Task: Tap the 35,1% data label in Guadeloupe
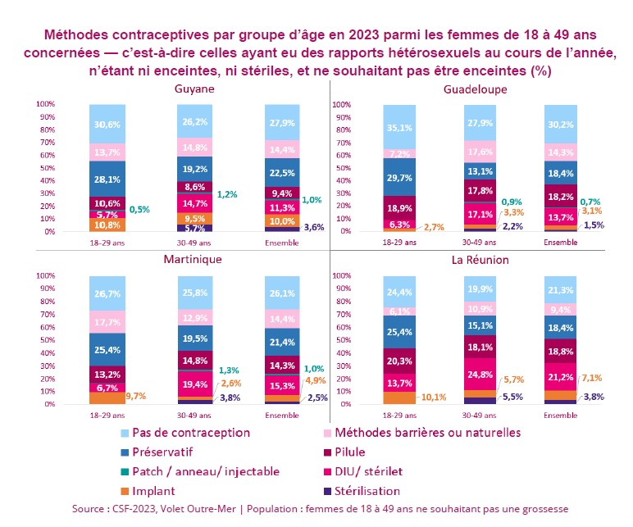click(x=399, y=127)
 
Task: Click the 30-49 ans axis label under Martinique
click(x=195, y=414)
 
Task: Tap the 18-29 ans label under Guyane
click(x=107, y=242)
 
